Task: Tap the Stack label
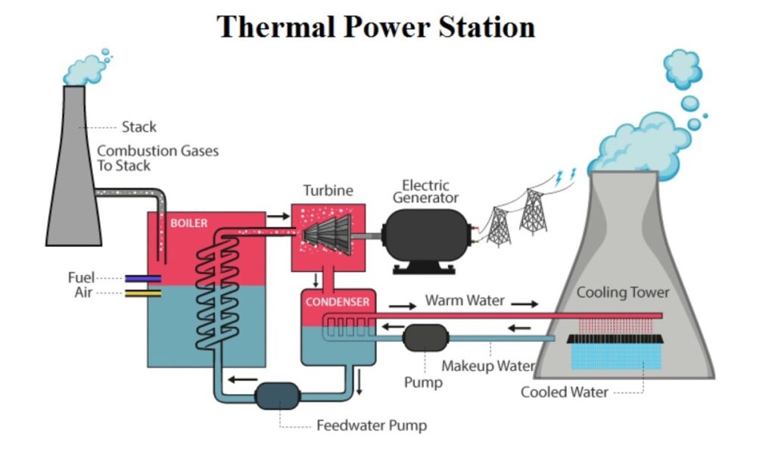139,126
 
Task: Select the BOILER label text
188,223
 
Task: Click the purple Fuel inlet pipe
142,279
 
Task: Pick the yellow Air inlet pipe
142,293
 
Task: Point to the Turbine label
328,191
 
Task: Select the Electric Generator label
430,192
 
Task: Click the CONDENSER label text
338,302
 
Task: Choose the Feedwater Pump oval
278,395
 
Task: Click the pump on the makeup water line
425,338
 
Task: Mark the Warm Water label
464,301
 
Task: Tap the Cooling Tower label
623,292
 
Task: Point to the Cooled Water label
564,392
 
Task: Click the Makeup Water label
488,366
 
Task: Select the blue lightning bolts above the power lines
565,176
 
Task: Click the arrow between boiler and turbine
279,217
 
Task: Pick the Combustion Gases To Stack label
157,158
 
